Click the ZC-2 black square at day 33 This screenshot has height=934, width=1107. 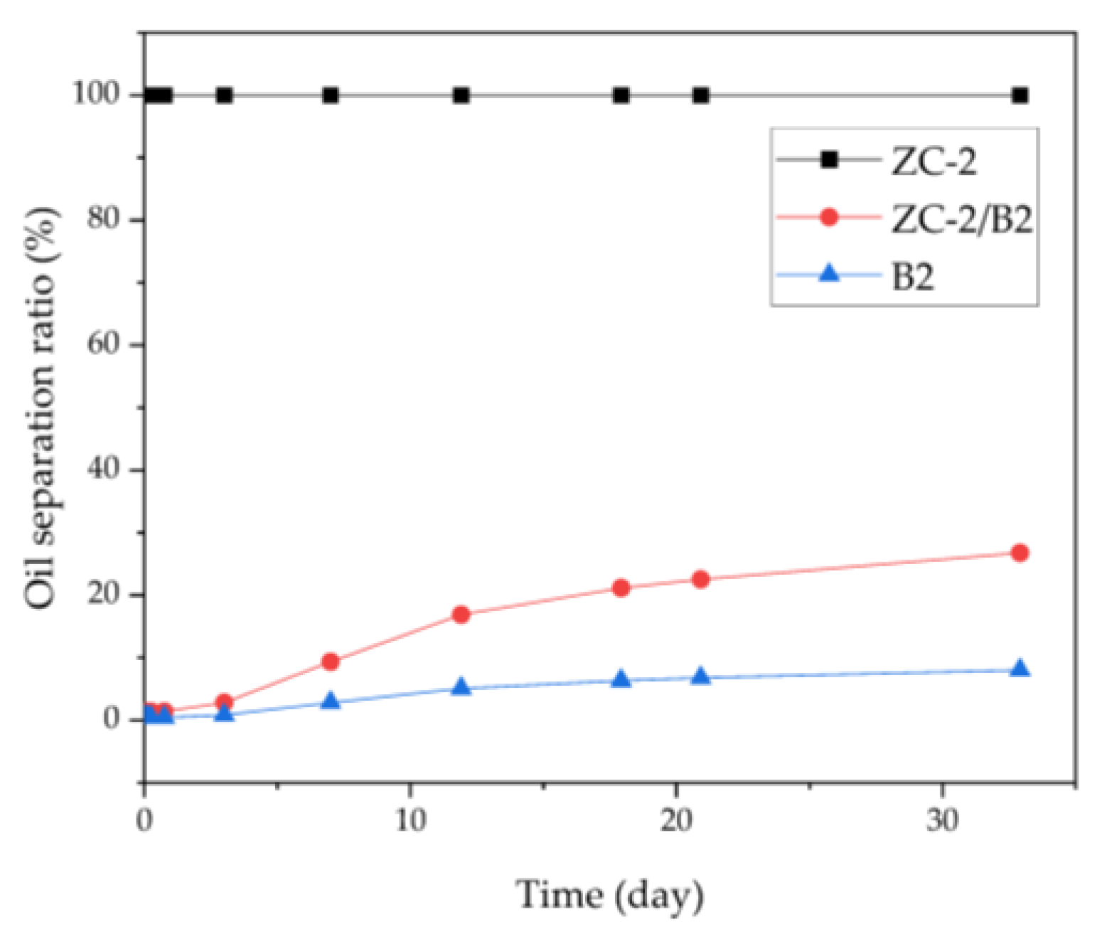(1020, 95)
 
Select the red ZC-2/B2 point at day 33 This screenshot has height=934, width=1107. (1020, 553)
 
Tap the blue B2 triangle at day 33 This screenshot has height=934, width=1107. (1020, 669)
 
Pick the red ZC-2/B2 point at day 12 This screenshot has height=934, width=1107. (461, 615)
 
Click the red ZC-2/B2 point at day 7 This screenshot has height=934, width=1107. (331, 662)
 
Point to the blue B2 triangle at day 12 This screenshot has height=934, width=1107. (461, 687)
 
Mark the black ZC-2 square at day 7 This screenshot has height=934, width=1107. (331, 95)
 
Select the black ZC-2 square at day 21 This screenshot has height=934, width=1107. (701, 95)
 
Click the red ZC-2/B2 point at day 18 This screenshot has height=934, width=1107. (621, 588)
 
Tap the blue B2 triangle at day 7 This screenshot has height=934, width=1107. (331, 701)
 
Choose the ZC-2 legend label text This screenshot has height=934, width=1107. (934, 161)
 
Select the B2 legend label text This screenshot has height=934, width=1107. (913, 276)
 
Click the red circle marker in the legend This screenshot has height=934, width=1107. (829, 216)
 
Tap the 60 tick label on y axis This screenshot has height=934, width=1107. (105, 344)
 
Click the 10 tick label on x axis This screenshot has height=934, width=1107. (410, 821)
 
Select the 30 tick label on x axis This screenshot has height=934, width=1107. (942, 821)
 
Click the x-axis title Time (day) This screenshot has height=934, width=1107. (610, 895)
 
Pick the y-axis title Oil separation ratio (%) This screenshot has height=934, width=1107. (41, 407)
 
